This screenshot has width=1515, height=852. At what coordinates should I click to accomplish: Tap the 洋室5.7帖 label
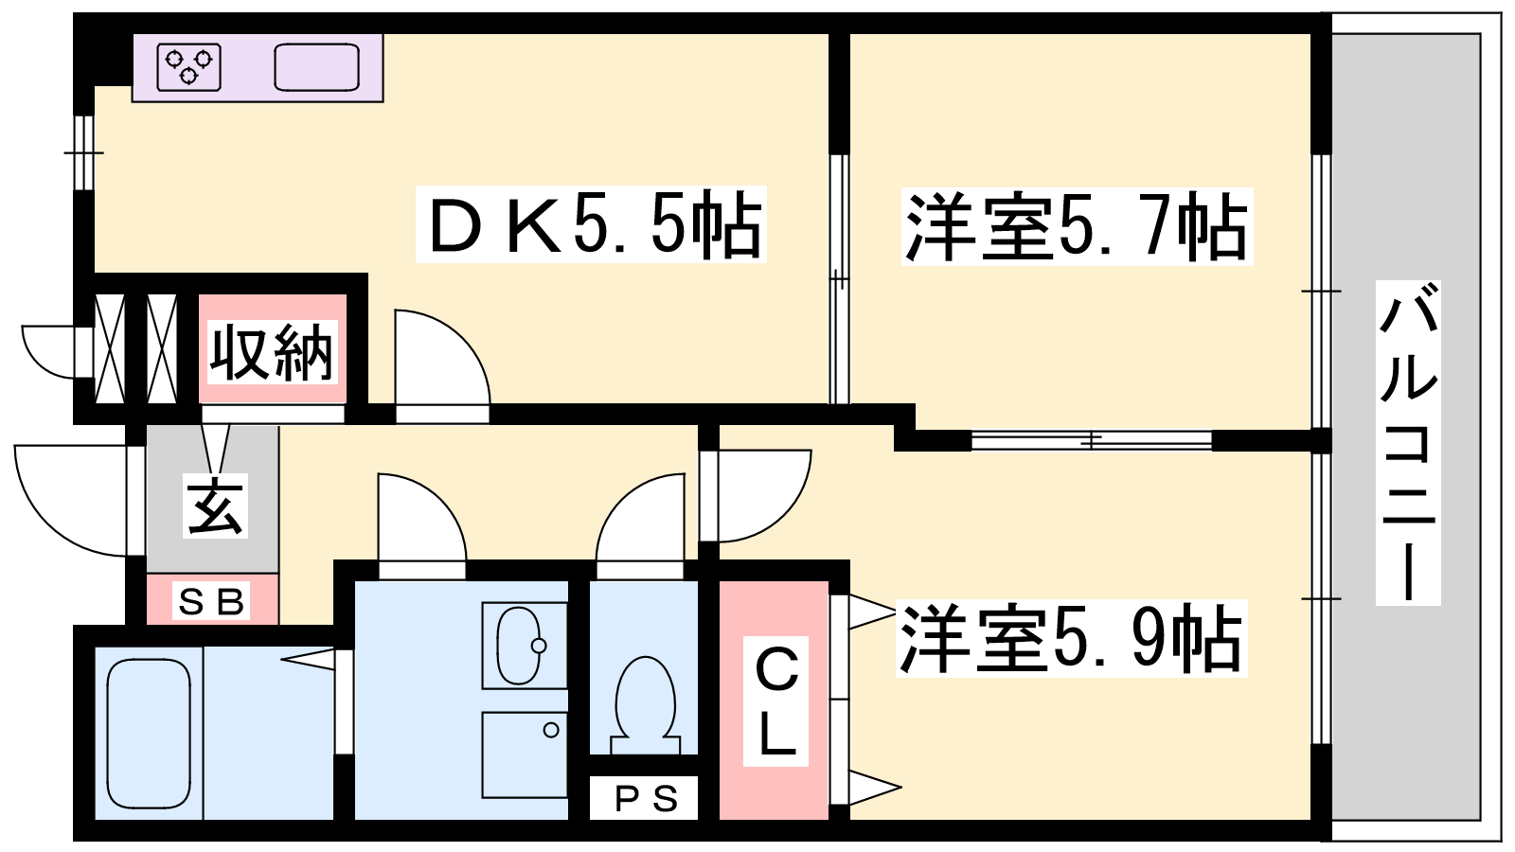point(1077,226)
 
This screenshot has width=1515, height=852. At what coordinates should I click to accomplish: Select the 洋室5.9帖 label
point(1071,638)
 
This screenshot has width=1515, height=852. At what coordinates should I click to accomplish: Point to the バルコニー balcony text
point(1408,443)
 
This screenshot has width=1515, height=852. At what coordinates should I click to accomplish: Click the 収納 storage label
point(272,351)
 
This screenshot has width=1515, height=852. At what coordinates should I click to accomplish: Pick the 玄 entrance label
point(215,506)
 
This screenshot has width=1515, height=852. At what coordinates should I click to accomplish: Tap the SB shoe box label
point(210,600)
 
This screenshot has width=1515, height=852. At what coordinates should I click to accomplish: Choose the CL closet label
point(775,701)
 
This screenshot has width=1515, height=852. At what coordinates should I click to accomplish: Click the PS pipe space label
point(645,799)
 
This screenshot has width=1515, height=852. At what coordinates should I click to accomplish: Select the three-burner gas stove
point(189,67)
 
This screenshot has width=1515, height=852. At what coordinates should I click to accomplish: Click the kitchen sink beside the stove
point(316,67)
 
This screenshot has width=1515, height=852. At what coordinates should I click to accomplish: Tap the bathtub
point(149,733)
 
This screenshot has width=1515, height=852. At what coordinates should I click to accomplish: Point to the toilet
point(645,704)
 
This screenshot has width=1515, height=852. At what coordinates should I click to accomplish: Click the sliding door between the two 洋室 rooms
point(1092,440)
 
